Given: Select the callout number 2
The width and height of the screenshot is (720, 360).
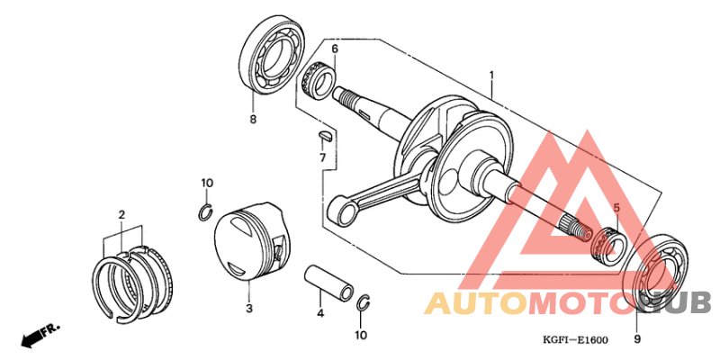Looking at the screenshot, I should pyautogui.click(x=121, y=214).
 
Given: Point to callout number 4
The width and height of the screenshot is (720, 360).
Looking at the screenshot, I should pyautogui.click(x=319, y=313).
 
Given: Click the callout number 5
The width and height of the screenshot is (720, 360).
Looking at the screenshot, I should pyautogui.click(x=616, y=208).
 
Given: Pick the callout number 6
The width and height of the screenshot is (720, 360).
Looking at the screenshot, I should pyautogui.click(x=334, y=49).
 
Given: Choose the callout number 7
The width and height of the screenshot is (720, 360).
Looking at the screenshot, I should pyautogui.click(x=322, y=158).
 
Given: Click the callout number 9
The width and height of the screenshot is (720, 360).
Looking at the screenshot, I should pyautogui.click(x=637, y=339).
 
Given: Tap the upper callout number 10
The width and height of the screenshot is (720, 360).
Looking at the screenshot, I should pyautogui.click(x=207, y=184).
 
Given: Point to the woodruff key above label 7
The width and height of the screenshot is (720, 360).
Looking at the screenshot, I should pyautogui.click(x=327, y=137).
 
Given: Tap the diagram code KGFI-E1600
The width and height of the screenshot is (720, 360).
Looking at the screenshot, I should pyautogui.click(x=575, y=339).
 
